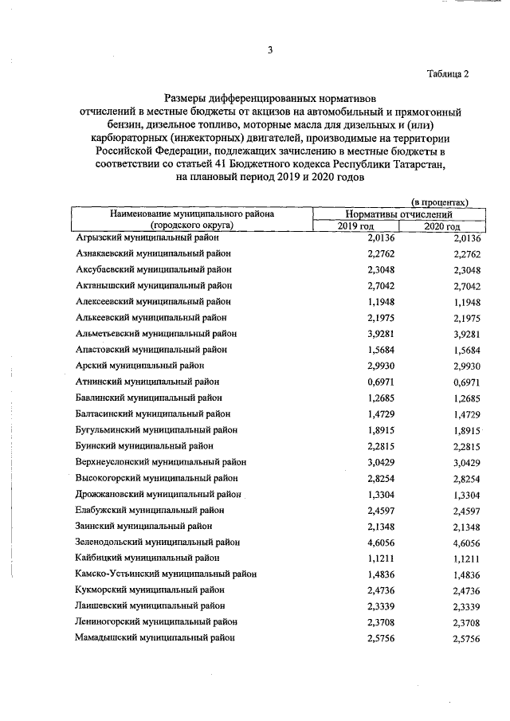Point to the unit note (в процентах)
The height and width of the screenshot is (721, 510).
[x=439, y=202]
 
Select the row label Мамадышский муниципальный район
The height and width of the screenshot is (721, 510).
[x=155, y=637]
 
